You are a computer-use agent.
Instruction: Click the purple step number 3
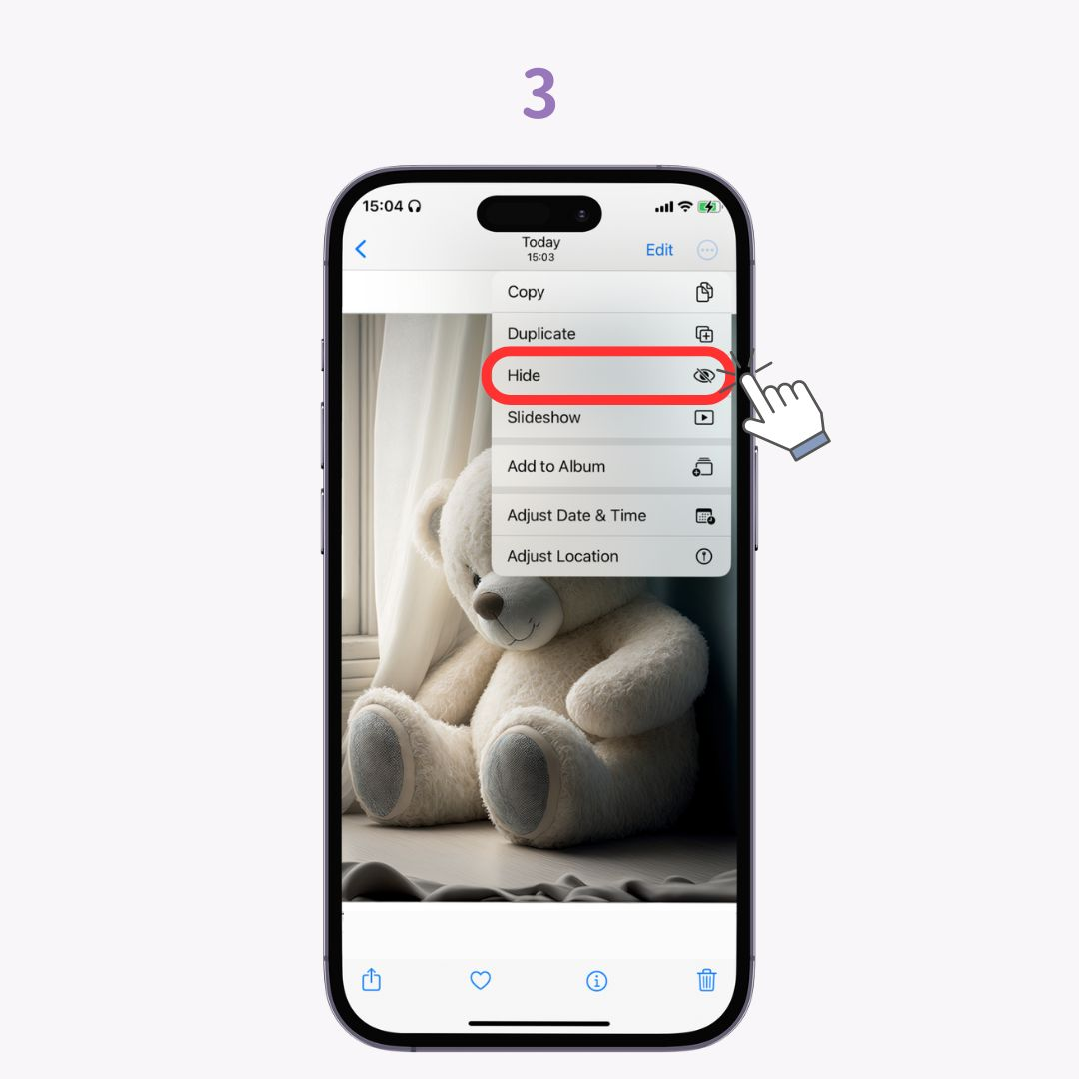coord(539,96)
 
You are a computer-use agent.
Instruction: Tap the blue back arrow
coord(361,249)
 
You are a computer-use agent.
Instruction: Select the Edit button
coord(659,250)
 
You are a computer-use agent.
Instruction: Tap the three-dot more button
coord(707,250)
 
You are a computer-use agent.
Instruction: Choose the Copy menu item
coord(527,292)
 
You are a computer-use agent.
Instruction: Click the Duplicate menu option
coord(541,334)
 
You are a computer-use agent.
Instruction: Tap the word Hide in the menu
coord(524,376)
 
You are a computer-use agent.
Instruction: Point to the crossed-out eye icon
coord(704,376)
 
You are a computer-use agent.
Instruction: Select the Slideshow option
coord(544,418)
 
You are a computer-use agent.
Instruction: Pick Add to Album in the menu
coord(556,467)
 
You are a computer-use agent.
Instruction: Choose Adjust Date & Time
coord(576,516)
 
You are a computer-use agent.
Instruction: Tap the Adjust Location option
coord(562,557)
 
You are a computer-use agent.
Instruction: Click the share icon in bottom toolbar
coord(371,980)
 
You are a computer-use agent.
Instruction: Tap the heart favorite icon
coord(481,981)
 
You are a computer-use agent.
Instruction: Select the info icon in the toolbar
coord(596,981)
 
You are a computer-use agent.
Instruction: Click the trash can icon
coord(707,980)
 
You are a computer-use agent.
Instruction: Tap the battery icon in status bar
coord(709,206)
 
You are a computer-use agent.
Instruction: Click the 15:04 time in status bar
coord(383,206)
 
